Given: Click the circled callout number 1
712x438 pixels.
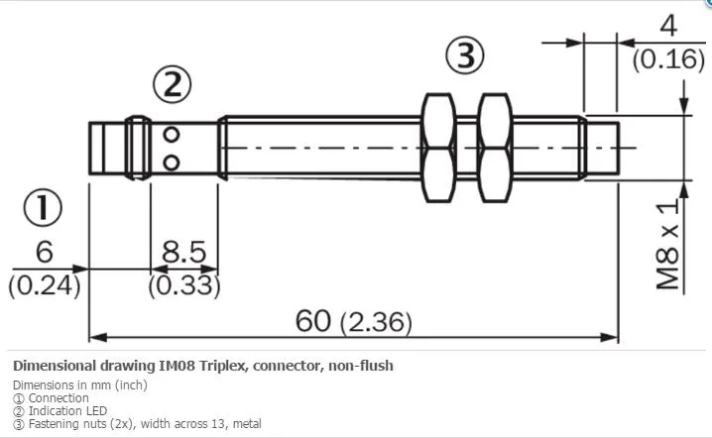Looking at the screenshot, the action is click(x=43, y=208).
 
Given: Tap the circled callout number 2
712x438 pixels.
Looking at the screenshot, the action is click(x=173, y=85).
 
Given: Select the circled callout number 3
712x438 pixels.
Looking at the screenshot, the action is click(x=464, y=55).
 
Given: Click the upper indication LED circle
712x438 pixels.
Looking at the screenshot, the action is click(x=172, y=135).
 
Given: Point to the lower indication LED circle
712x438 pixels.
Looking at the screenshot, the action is click(x=172, y=163).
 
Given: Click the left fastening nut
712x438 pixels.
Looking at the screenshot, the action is click(x=438, y=148).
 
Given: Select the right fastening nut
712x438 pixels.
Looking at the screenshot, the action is click(x=496, y=148).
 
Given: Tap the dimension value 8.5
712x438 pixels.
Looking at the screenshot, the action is click(x=183, y=252).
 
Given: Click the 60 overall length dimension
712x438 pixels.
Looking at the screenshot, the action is click(x=312, y=321).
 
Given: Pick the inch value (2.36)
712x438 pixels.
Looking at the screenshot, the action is click(x=377, y=322).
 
